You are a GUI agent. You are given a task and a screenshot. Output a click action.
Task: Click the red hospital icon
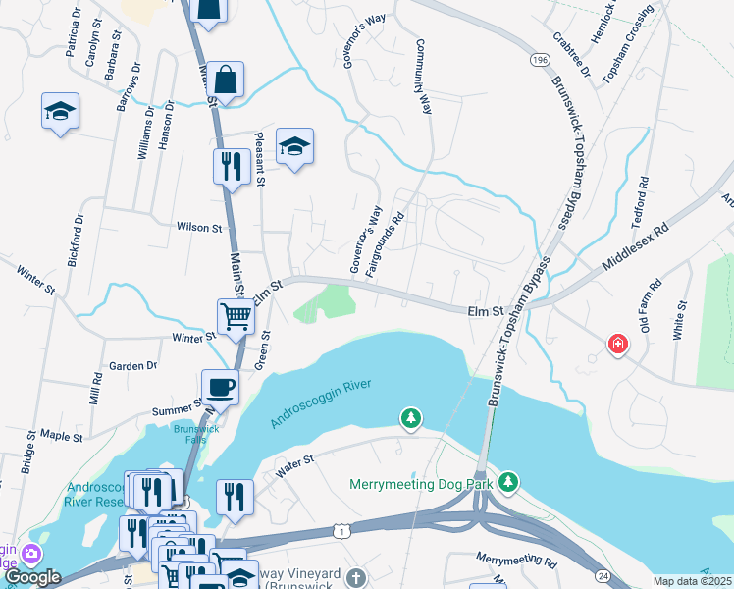tap(618, 344)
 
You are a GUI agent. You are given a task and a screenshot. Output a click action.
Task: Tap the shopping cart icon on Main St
tap(236, 316)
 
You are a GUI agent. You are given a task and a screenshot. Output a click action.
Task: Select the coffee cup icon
tap(219, 386)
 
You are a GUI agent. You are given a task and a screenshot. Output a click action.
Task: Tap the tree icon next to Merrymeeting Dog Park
tap(507, 481)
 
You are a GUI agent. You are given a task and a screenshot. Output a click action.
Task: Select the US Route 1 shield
tap(340, 530)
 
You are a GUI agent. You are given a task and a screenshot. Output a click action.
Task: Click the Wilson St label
tap(199, 227)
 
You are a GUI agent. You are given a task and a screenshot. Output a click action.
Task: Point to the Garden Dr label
tap(132, 366)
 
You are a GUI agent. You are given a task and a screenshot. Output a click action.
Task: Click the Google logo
tap(32, 577)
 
